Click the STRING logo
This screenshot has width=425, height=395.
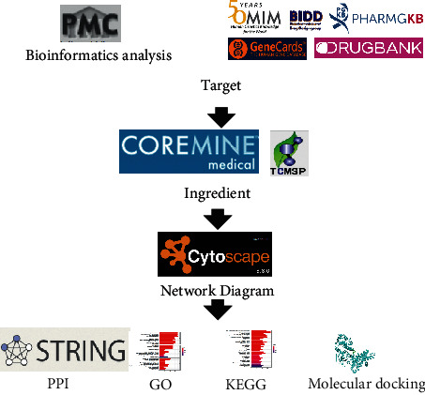(64, 351)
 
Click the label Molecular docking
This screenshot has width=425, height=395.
(367, 383)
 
